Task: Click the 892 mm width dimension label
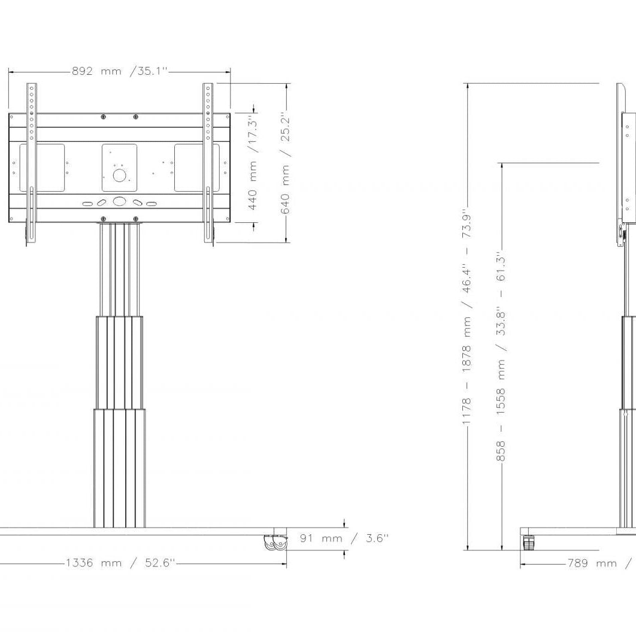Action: coord(120,71)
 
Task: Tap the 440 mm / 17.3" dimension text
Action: coord(253,163)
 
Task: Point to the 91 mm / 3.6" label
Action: coord(344,538)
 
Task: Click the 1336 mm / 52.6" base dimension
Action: coord(120,563)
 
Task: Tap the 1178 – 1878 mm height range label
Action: coord(467,319)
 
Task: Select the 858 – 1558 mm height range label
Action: coord(501,359)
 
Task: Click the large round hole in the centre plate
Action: coord(119,175)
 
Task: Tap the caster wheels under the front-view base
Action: coord(275,543)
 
